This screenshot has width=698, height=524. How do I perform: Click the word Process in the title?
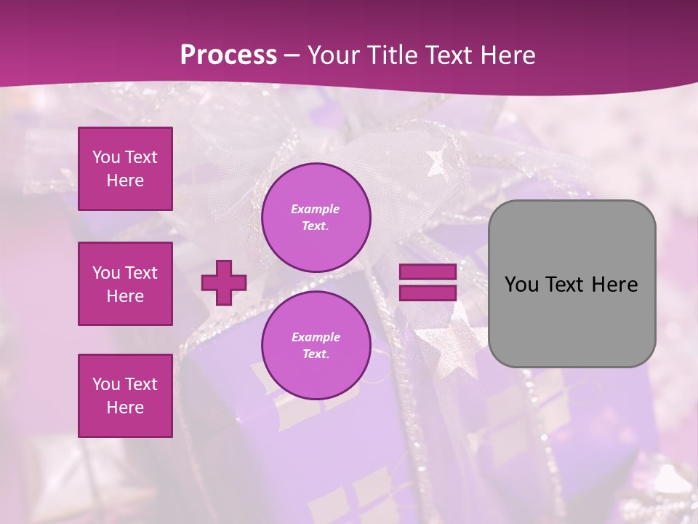coord(228,55)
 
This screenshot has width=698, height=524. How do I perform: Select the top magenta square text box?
coord(125,169)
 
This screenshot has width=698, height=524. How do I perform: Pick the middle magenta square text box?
coord(125,284)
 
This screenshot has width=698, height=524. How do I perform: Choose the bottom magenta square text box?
coord(125,396)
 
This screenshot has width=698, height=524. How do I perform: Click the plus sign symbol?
coord(224,282)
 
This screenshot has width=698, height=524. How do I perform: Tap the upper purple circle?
coord(316,217)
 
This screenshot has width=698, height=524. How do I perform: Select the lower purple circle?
coord(316,345)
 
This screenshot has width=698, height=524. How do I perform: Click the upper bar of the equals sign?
coord(428,272)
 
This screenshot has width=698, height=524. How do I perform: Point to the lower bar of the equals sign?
coord(428,293)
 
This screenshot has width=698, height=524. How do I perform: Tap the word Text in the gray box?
coord(565,285)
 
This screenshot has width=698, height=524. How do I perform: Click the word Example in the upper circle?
coord(316,209)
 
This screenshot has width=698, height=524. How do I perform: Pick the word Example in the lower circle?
coord(316,337)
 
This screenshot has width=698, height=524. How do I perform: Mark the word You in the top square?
coord(106,157)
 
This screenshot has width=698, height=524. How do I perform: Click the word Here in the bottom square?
coord(125,408)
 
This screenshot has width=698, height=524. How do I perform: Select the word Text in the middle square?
coord(140,273)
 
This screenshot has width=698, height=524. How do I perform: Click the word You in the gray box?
coord(521,285)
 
